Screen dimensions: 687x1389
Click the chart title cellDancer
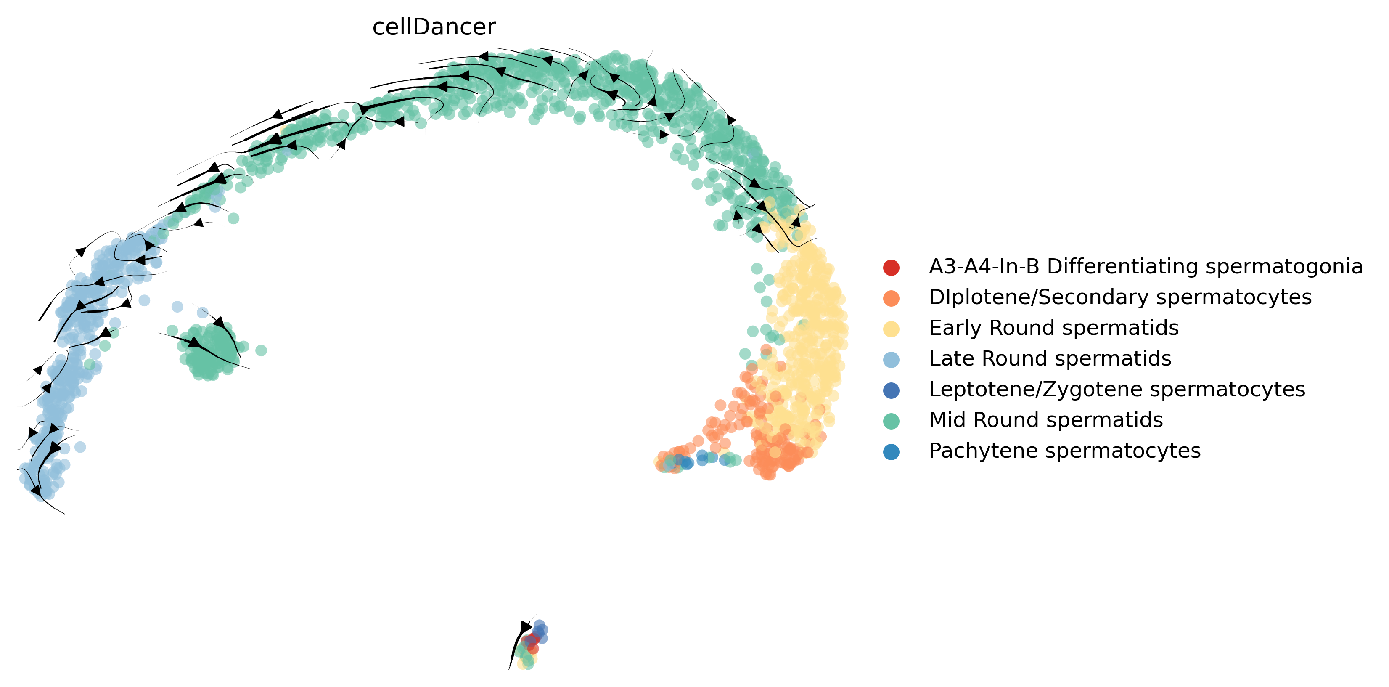click(x=434, y=27)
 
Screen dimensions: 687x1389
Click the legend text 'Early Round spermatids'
click(x=1053, y=328)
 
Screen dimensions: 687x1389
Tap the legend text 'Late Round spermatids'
click(x=1050, y=358)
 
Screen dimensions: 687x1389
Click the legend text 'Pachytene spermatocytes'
click(x=1064, y=451)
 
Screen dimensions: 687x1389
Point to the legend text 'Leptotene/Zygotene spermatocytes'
click(x=1116, y=389)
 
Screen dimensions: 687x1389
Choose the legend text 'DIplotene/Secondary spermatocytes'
click(x=1120, y=297)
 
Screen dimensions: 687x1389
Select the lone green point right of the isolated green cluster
click(x=261, y=350)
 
